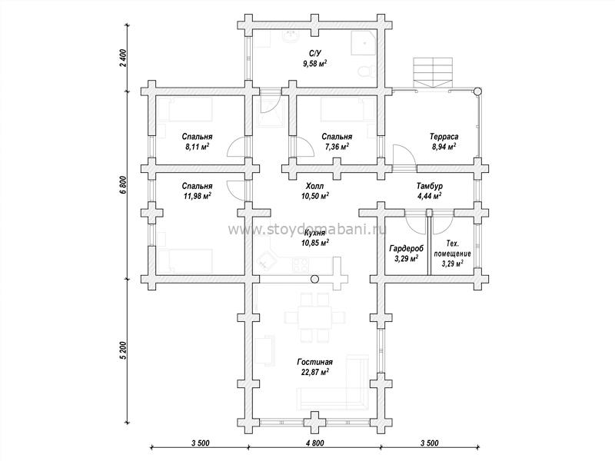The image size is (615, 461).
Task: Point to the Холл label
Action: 314,186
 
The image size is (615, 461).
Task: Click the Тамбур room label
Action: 429,186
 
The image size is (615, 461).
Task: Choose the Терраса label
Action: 444,137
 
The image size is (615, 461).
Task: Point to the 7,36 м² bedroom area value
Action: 337,145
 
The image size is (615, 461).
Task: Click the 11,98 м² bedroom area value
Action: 198,196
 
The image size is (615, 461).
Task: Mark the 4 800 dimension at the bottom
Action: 314,443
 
